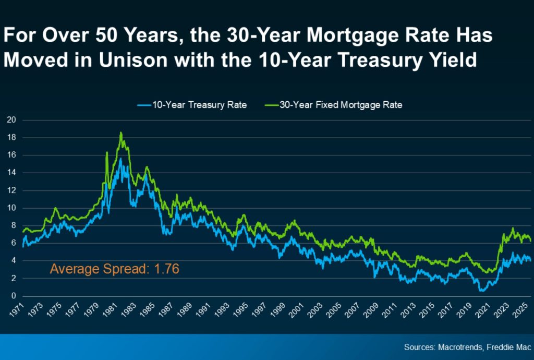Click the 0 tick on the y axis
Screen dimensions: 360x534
pyautogui.click(x=13, y=296)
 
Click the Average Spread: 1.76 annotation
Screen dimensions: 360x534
pyautogui.click(x=114, y=270)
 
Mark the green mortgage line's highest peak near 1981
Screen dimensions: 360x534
pyautogui.click(x=121, y=133)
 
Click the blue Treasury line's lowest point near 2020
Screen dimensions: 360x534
pyautogui.click(x=481, y=290)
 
